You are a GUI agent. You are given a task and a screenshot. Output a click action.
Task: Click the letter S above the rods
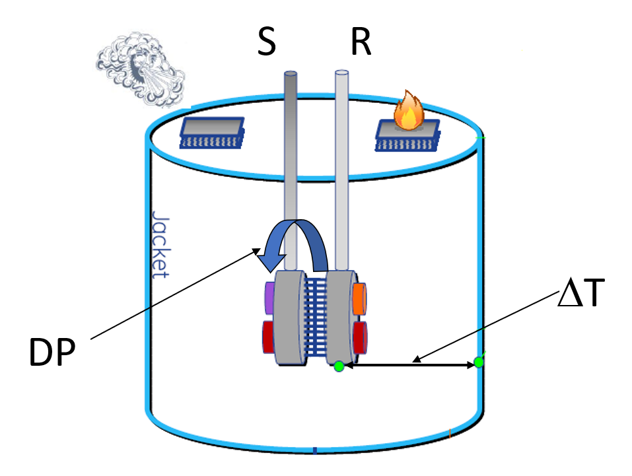266,43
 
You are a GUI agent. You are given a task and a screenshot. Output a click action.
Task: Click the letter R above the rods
361,43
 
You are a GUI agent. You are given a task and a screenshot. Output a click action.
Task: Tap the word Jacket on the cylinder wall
159,245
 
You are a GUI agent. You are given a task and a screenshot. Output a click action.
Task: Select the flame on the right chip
408,113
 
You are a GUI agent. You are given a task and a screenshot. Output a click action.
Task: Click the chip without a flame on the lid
212,132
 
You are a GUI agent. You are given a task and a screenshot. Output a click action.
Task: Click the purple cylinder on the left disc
269,298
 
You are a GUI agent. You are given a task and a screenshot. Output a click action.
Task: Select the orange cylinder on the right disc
359,298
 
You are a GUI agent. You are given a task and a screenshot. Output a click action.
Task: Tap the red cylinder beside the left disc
269,337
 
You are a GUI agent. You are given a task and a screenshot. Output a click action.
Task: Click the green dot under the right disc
339,366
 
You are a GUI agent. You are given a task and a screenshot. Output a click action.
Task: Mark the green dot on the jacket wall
479,362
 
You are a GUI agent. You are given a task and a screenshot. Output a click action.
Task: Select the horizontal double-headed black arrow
409,364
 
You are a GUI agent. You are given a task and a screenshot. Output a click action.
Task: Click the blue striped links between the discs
316,317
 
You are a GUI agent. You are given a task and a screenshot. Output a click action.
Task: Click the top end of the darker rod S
291,74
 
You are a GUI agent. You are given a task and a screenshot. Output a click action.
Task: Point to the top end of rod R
341,73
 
